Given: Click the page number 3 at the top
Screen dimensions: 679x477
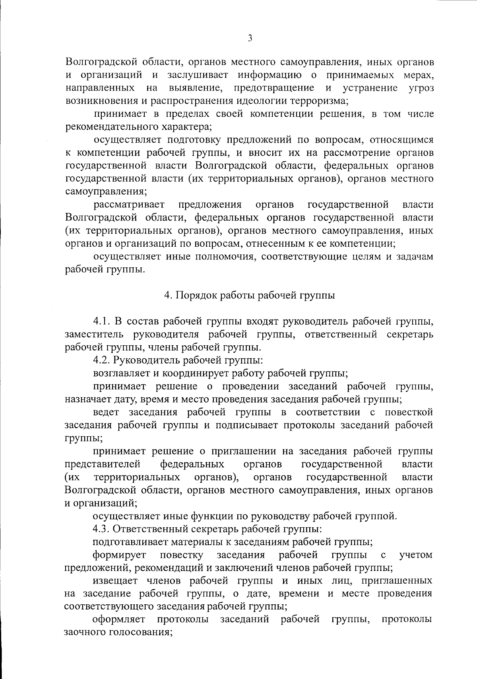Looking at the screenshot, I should tap(250, 38).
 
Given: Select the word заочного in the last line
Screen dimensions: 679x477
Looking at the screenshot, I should tap(84, 633).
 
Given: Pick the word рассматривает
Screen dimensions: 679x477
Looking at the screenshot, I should tap(129, 205).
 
